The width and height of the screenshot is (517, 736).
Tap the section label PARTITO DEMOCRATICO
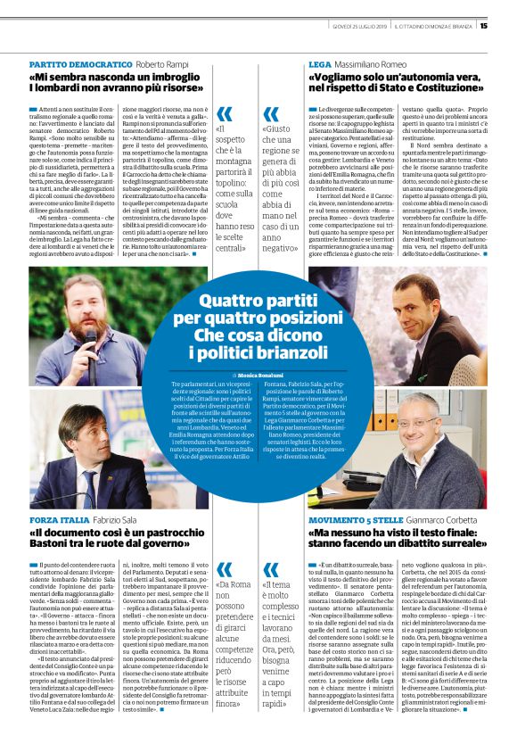pos(79,65)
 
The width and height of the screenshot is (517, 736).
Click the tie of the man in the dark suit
pos(90,483)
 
